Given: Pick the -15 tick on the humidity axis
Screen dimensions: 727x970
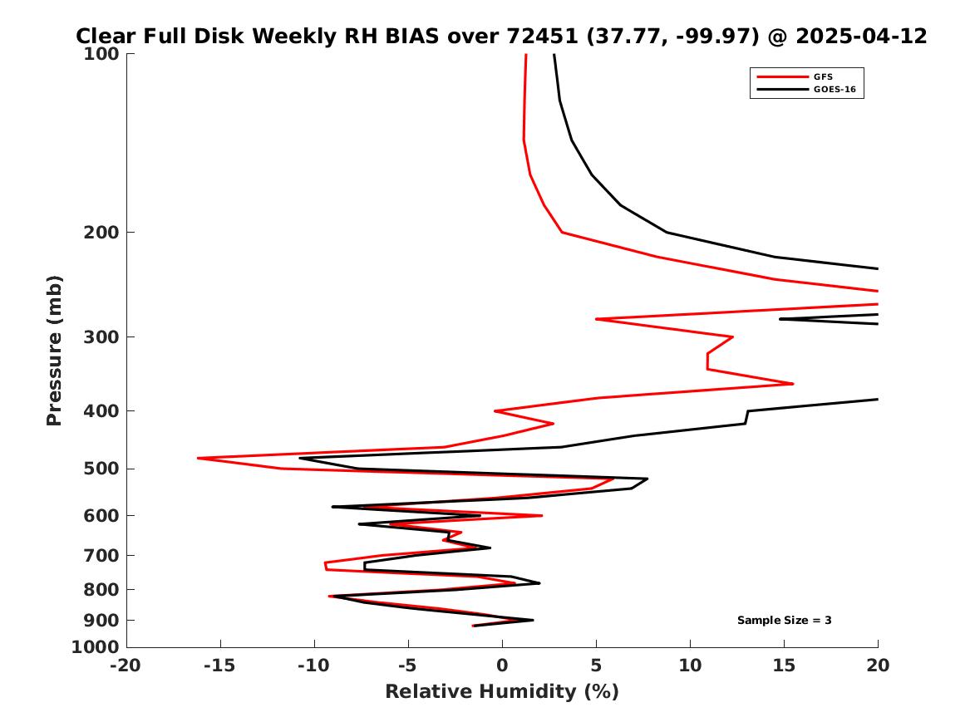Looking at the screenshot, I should pyautogui.click(x=220, y=666).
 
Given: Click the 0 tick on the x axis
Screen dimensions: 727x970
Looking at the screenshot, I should pyautogui.click(x=502, y=666).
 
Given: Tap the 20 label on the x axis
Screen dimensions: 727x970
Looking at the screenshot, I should pyautogui.click(x=878, y=666).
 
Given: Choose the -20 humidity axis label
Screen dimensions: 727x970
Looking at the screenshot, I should pyautogui.click(x=126, y=666).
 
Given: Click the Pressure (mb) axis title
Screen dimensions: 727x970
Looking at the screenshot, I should pyautogui.click(x=55, y=350).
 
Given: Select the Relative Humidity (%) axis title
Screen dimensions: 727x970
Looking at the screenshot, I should pyautogui.click(x=502, y=692).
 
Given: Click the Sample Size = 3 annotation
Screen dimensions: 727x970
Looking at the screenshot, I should pyautogui.click(x=784, y=621).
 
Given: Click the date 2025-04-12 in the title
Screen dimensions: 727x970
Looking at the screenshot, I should pyautogui.click(x=861, y=37).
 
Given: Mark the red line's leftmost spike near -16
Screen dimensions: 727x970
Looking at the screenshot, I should pyautogui.click(x=198, y=458).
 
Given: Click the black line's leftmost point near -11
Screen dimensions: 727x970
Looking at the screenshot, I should pyautogui.click(x=300, y=458).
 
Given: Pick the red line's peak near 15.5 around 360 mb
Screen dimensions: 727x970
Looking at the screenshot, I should pyautogui.click(x=793, y=384).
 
